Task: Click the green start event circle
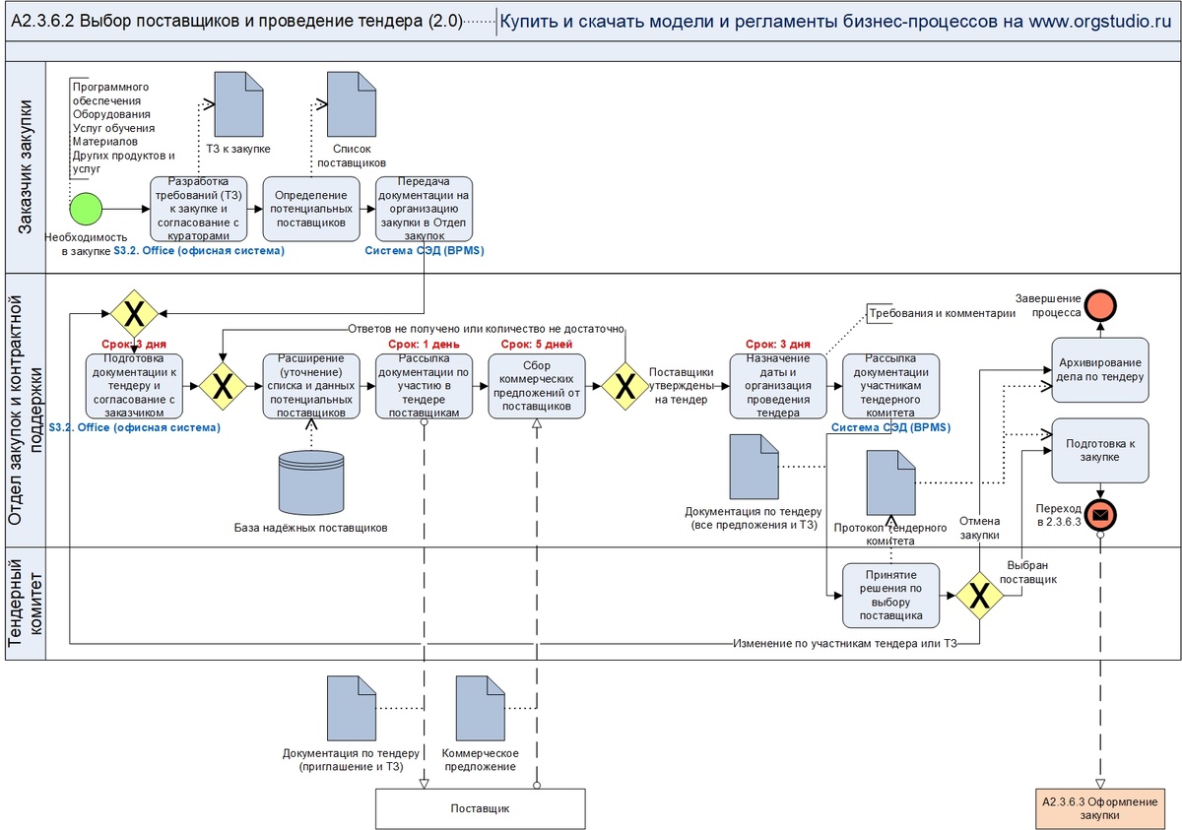[x=87, y=209]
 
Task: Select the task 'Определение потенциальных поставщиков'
[x=310, y=209]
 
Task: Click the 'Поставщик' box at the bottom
[x=480, y=807]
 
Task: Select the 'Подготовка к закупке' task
[x=1099, y=450]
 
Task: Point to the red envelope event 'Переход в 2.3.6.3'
[x=1100, y=513]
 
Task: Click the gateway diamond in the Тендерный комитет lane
[x=980, y=595]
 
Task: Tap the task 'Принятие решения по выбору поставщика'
[x=890, y=595]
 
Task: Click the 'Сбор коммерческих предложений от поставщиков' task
[x=537, y=387]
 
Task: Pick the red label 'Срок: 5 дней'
[x=536, y=344]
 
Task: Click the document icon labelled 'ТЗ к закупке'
[x=238, y=105]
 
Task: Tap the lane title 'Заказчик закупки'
[x=27, y=167]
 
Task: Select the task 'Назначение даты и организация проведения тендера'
[x=778, y=387]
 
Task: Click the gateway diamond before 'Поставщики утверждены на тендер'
[x=625, y=386]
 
